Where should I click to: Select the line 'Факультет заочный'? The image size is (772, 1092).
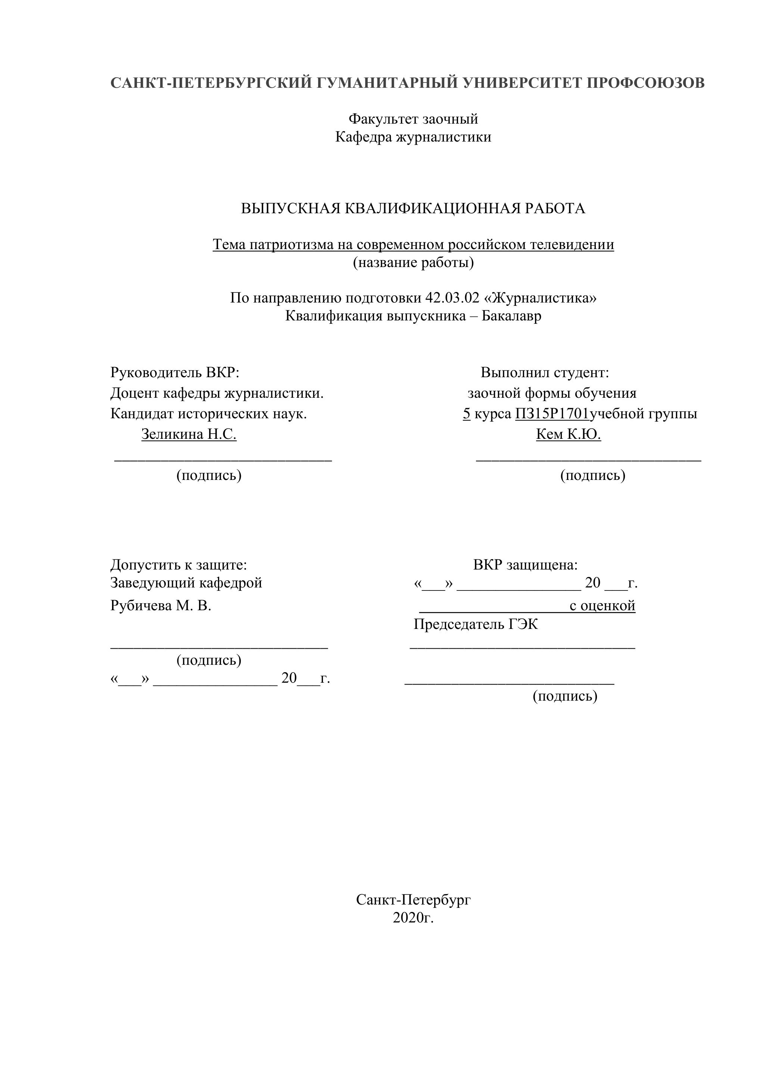click(x=413, y=118)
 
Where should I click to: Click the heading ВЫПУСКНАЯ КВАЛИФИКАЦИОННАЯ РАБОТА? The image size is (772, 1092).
click(x=413, y=208)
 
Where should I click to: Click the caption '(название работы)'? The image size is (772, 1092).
click(x=413, y=263)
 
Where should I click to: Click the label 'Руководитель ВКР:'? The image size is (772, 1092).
click(x=174, y=372)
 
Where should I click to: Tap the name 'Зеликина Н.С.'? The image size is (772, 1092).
click(x=189, y=434)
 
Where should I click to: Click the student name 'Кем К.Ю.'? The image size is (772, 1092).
click(x=568, y=434)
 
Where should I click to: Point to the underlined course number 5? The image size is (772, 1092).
click(x=466, y=414)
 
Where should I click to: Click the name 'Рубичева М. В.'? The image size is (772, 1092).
click(x=161, y=606)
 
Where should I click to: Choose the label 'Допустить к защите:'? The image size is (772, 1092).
click(x=179, y=565)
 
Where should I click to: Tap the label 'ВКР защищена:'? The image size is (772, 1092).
click(x=525, y=565)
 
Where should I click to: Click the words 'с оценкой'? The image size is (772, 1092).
click(x=602, y=606)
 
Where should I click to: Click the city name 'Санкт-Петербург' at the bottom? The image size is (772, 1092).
click(x=413, y=900)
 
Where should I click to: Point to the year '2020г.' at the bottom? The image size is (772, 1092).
click(x=413, y=918)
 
